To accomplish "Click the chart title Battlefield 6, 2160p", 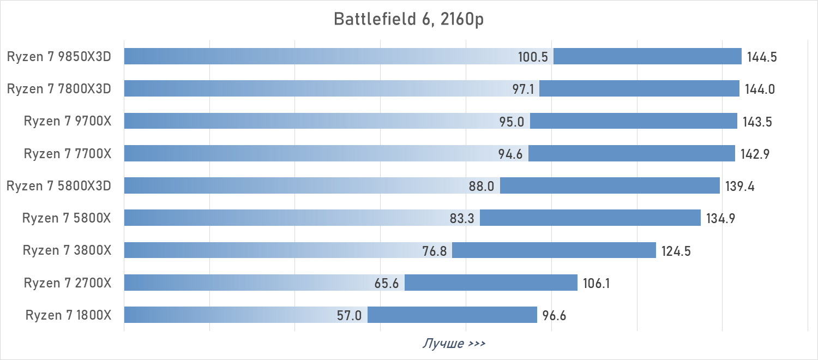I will click(408, 19).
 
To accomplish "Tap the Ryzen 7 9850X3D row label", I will click(59, 56).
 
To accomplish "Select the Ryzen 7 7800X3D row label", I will click(59, 88).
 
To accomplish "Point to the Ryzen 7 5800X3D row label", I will click(59, 186).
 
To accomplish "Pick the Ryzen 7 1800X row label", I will click(68, 315).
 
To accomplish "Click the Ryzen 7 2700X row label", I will click(68, 283).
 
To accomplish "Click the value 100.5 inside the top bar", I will click(533, 57).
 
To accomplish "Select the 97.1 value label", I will click(523, 89).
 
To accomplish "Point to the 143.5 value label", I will click(757, 122).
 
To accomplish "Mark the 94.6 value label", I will click(510, 154).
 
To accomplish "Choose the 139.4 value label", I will click(740, 186).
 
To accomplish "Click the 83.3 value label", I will click(462, 219).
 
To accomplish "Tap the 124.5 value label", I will click(676, 251).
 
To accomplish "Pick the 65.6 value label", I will click(387, 283).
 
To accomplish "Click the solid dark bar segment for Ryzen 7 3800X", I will click(554, 250).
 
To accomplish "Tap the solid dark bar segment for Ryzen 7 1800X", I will click(452, 315).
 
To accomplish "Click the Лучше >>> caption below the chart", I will click(454, 344).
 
